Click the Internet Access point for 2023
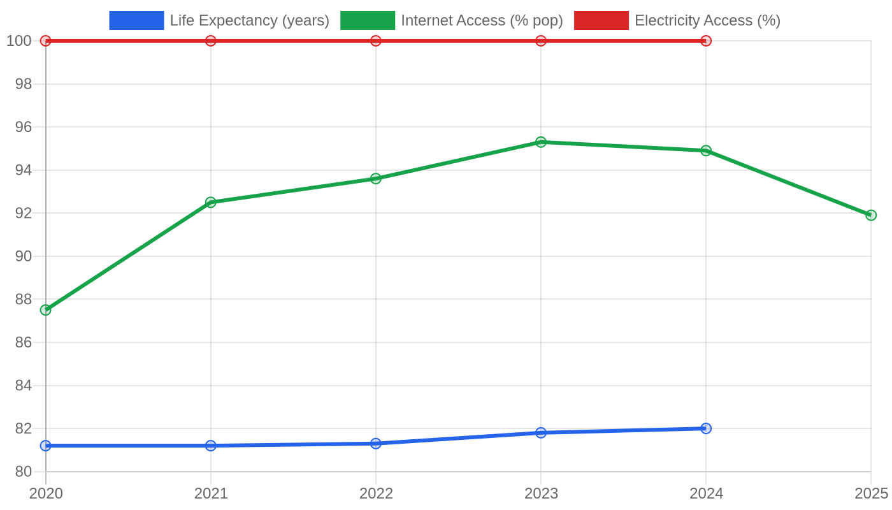pos(541,142)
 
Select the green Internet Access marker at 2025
pos(871,215)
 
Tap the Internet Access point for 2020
pos(46,310)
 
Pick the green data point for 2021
pos(211,203)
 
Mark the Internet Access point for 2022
pos(375,178)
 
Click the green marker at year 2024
pos(706,150)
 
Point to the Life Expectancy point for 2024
pos(706,428)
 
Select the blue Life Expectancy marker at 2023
pos(541,433)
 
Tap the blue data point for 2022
pos(375,444)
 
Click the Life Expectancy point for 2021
pos(211,446)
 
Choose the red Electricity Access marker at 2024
pos(706,41)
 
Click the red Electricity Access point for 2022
pos(375,41)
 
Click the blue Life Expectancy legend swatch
pos(136,20)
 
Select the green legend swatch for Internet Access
pos(368,20)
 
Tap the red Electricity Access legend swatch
pos(601,20)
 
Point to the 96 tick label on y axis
pos(24,127)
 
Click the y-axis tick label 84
pos(24,385)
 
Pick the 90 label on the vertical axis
pos(24,256)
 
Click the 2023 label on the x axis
pos(541,493)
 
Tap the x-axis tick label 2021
pos(211,493)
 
